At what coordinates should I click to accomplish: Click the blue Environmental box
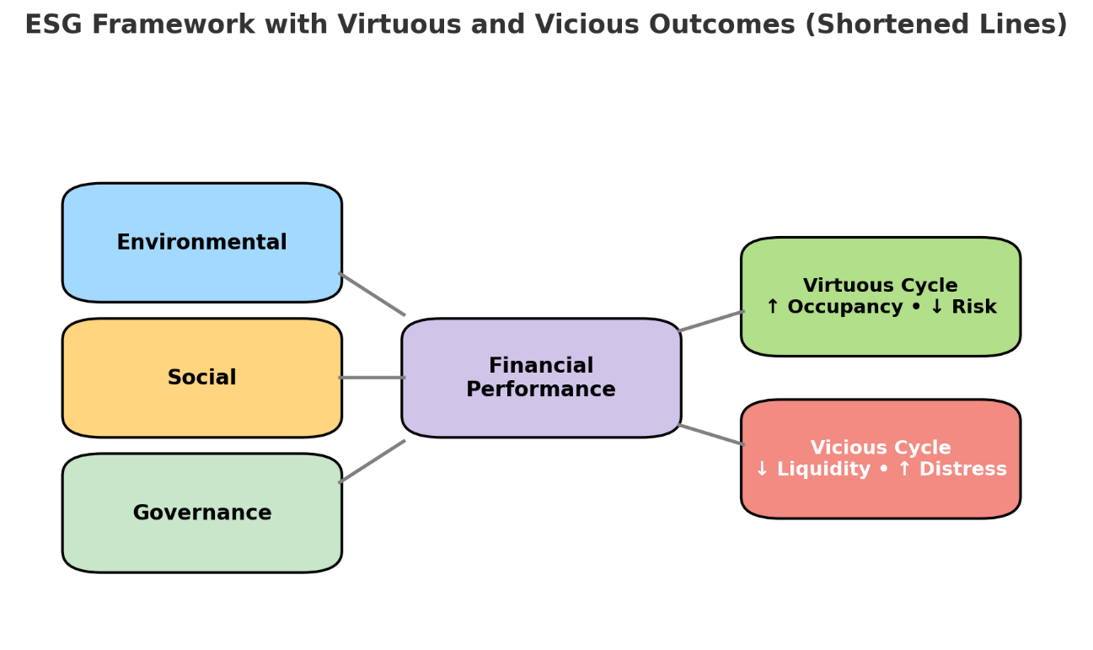pyautogui.click(x=201, y=243)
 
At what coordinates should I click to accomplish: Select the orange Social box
pyautogui.click(x=201, y=378)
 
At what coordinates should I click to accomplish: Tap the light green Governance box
pyautogui.click(x=201, y=513)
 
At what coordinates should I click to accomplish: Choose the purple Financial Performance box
pyautogui.click(x=541, y=378)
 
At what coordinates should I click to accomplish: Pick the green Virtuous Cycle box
pyautogui.click(x=881, y=297)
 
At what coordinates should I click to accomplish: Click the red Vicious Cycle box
pyautogui.click(x=881, y=459)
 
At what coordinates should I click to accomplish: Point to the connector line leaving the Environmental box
pyautogui.click(x=372, y=294)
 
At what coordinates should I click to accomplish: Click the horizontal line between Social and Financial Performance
pyautogui.click(x=372, y=377)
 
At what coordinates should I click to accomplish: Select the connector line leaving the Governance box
pyautogui.click(x=372, y=461)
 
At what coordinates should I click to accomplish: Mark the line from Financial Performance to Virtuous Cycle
pyautogui.click(x=711, y=321)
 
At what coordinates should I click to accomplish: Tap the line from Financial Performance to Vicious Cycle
pyautogui.click(x=711, y=435)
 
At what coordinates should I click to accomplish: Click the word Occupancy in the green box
pyautogui.click(x=833, y=308)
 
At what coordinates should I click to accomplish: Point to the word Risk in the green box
pyautogui.click(x=976, y=308)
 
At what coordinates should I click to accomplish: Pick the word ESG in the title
pyautogui.click(x=54, y=25)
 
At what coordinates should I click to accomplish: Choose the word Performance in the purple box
pyautogui.click(x=541, y=390)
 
